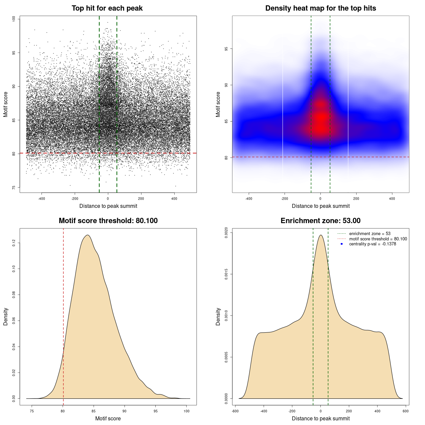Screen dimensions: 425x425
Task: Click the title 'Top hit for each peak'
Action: tap(107, 8)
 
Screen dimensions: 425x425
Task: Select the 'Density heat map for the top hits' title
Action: tap(320, 8)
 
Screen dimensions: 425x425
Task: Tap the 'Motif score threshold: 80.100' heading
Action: tap(108, 221)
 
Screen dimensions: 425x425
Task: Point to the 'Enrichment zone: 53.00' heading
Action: tap(320, 221)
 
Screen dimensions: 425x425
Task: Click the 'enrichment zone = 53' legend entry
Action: tap(370, 234)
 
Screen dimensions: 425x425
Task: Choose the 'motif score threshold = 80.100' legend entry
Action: tap(378, 239)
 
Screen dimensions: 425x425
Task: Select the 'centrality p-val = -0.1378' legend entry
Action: tap(373, 244)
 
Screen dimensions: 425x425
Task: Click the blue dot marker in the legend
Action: tap(342, 244)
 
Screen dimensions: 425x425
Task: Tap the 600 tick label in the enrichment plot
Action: tap(405, 411)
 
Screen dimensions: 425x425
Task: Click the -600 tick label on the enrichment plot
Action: tap(235, 411)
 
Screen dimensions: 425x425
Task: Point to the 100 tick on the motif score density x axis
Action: tap(187, 411)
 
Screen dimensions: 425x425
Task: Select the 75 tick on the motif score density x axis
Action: tap(32, 411)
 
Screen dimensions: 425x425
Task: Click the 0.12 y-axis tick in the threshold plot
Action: tap(14, 243)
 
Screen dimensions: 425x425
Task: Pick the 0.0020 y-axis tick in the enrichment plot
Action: tap(226, 233)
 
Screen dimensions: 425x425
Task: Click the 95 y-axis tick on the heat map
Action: tap(226, 49)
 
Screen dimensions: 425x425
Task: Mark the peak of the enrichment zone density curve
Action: tap(321, 235)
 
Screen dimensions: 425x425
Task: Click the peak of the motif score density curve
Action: tap(88, 235)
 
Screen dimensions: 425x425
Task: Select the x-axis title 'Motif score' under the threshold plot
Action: tap(108, 418)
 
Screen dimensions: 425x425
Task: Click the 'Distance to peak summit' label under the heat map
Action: tap(320, 206)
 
